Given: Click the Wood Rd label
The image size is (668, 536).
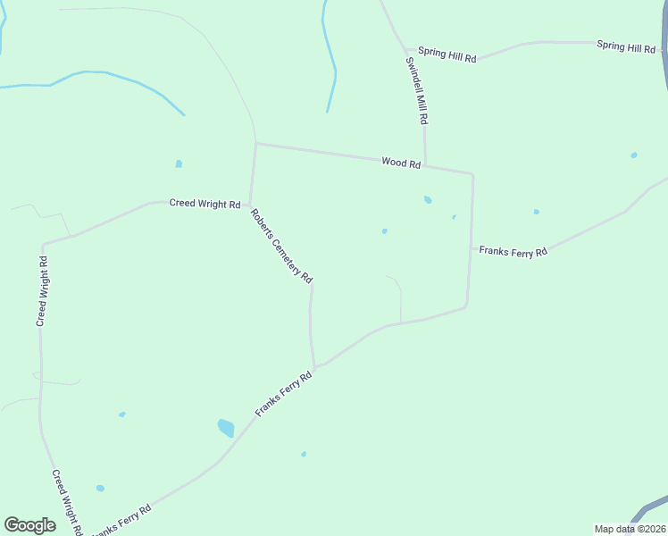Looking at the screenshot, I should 401,163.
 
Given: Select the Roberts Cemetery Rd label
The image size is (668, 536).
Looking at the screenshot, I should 281,247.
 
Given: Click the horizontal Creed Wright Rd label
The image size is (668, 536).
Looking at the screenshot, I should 205,204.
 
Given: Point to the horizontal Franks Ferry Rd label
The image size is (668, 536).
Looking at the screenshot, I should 513,252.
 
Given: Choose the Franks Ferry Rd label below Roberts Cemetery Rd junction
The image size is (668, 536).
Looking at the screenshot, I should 284,395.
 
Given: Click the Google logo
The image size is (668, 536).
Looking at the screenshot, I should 29,525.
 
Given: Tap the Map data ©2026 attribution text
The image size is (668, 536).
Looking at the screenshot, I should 630,529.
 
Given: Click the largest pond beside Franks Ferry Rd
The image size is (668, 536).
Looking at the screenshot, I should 226,428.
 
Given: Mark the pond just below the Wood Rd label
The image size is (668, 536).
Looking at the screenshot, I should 428,199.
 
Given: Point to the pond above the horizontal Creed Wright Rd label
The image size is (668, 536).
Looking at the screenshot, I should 179,164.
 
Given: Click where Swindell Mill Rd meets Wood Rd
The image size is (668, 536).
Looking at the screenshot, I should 425,166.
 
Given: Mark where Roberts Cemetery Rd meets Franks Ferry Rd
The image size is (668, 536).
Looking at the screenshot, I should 315,366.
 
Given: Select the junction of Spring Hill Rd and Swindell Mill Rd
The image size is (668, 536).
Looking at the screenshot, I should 406,50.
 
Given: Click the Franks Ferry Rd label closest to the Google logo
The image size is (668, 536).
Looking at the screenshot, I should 121,517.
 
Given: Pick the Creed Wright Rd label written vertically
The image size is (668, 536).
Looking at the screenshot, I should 42,290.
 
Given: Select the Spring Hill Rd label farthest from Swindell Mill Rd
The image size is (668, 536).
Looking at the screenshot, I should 626,46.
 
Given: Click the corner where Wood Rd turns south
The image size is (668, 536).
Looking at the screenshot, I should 472,174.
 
